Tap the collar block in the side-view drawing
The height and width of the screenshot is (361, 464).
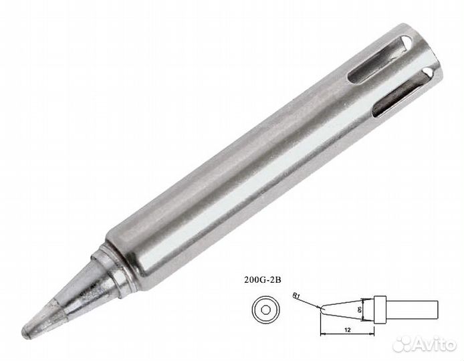pos(380,309)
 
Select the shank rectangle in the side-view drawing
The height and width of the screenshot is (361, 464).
pos(412,309)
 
